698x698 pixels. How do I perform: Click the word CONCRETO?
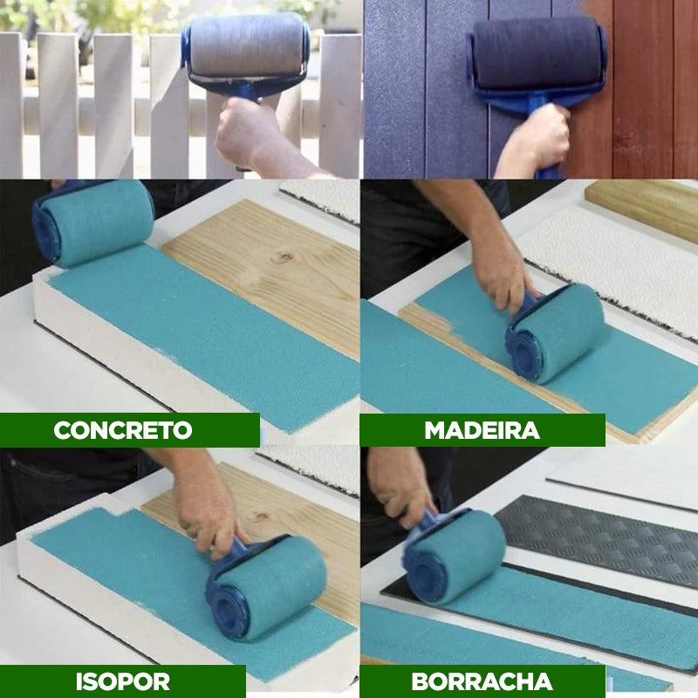[123, 430]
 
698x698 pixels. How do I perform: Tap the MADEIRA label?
[482, 430]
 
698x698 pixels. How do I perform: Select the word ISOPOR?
[123, 681]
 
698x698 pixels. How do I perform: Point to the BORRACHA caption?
[482, 681]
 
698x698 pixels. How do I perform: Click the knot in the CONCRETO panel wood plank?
[283, 257]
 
